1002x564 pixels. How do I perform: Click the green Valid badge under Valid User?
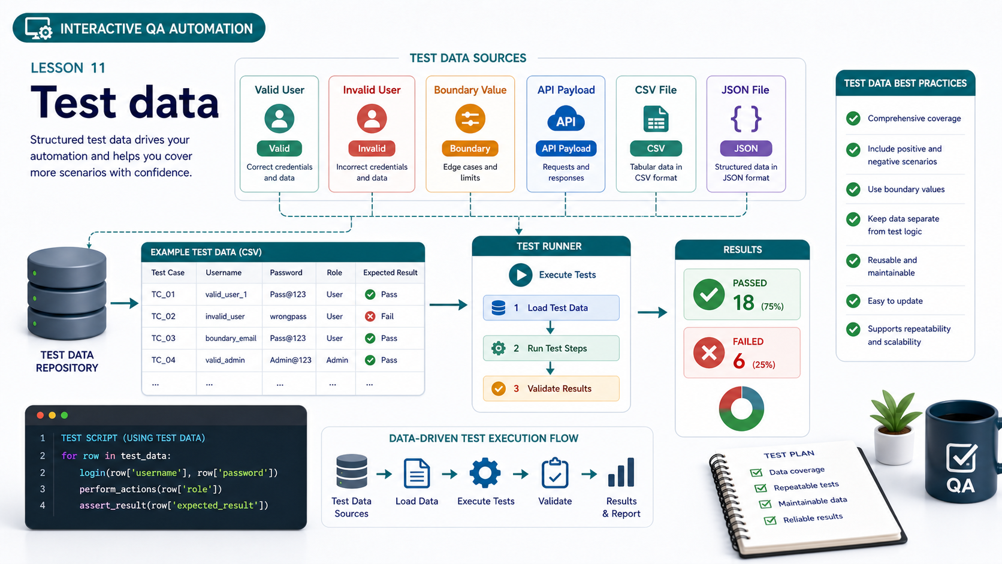279,149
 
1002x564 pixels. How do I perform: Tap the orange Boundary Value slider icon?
470,119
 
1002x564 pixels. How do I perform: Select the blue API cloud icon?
566,119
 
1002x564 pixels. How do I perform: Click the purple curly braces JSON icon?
746,119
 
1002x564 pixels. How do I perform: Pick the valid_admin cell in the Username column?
225,360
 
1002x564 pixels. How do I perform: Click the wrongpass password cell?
288,316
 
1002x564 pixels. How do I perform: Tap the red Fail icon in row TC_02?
370,316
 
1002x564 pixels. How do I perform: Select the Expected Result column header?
390,272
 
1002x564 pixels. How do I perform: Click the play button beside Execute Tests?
520,275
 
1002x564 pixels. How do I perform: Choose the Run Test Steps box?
551,348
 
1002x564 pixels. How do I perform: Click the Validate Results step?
551,388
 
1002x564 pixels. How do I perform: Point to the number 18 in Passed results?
744,303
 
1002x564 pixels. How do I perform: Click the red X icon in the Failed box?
709,353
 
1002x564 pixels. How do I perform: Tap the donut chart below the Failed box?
741,408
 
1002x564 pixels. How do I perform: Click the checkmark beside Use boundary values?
853,189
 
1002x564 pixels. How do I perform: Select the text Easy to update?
895,301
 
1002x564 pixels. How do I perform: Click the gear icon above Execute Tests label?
485,472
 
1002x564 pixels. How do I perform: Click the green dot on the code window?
64,415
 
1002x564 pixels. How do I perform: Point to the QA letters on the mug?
961,485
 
